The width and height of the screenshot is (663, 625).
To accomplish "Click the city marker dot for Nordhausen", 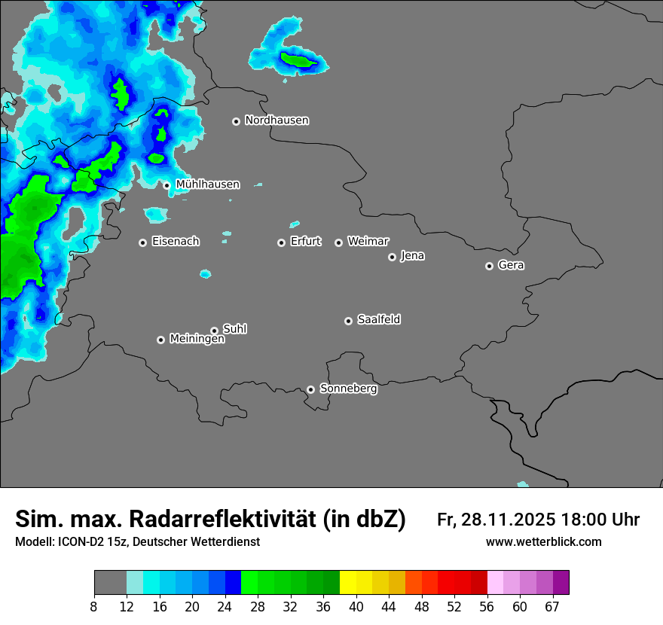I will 236,121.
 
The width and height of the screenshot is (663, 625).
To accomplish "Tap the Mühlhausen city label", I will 207,184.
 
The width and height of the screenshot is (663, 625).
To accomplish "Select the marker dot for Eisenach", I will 142,242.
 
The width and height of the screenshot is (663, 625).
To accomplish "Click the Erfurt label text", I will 305,242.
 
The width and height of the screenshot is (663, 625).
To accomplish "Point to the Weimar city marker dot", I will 338,242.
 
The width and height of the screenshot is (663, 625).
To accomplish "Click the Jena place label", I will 412,256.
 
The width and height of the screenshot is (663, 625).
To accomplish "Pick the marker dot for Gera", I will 489,266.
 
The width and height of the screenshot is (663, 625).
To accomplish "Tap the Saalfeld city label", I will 378,320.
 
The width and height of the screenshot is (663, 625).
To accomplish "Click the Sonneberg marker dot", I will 310,389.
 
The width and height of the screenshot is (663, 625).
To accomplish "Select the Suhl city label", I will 234,329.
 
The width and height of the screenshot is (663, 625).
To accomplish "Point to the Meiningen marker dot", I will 160,340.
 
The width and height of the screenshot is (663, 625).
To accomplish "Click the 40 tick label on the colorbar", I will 356,605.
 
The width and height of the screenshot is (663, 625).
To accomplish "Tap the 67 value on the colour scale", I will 552,605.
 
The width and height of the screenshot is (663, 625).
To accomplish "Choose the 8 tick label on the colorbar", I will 94,605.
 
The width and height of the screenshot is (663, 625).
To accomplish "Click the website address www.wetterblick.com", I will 543,542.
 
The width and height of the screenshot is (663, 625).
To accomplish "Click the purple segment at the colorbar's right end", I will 561,583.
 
